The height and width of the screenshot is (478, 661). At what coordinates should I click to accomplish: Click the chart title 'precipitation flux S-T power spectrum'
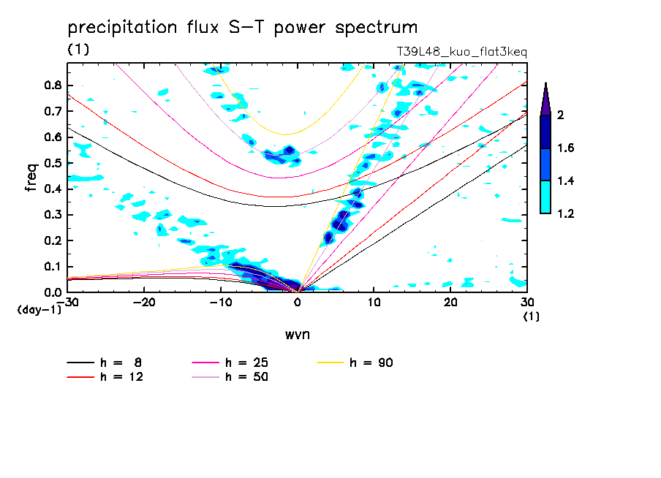[242, 28]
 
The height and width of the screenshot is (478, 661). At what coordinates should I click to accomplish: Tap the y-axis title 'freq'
[31, 178]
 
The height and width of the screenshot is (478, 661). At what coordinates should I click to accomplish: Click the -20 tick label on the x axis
[144, 303]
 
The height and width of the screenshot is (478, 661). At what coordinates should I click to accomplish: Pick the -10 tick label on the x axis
[220, 303]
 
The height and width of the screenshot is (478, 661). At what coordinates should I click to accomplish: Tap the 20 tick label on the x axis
[450, 303]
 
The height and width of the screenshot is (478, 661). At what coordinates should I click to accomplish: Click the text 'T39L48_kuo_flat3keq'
[461, 52]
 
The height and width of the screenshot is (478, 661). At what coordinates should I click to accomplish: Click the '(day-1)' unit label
[39, 310]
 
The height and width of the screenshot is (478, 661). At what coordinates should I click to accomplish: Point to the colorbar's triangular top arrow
[545, 99]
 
